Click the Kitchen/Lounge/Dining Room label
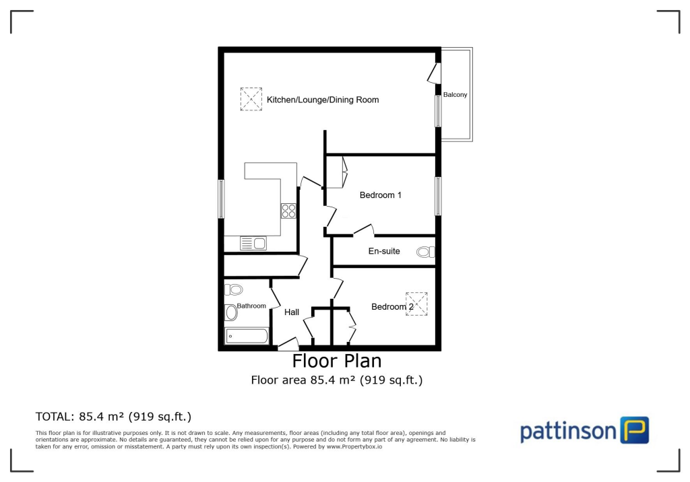coord(323,100)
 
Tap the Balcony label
coord(455,95)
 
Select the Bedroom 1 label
coord(380,195)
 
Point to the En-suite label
coord(383,251)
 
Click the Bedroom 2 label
coord(392,307)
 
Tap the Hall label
coord(292,312)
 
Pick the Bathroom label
coord(251,306)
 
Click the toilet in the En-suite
coord(425,252)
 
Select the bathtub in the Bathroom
coord(247,335)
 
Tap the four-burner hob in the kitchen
coord(288,211)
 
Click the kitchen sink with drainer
coord(253,242)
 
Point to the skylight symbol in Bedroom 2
coord(416,304)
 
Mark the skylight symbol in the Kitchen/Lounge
coord(251,100)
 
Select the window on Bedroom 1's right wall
coord(438,196)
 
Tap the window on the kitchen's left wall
coord(221,199)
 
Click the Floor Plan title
coord(338,361)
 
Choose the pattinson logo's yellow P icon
coord(634,430)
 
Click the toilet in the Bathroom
coord(233,289)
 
